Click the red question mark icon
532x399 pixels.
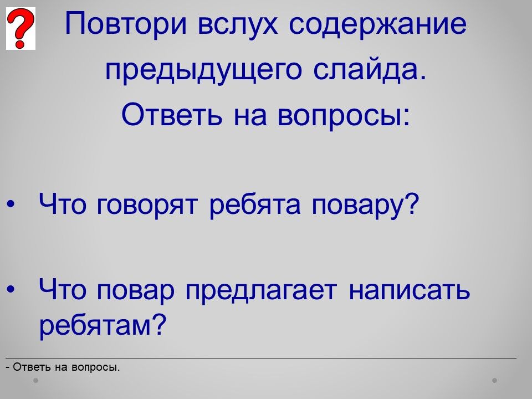pos(21,28)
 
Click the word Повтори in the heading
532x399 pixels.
pos(126,24)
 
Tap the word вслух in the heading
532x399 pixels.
pos(238,24)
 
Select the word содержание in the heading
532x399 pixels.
pos(377,24)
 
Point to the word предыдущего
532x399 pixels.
pos(203,70)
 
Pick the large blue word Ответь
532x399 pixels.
pos(172,114)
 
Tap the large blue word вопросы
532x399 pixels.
pos(344,115)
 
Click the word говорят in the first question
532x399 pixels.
pos(146,206)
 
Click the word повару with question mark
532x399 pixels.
pos(365,205)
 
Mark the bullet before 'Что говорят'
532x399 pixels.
pos(11,204)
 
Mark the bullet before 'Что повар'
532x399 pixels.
pos(11,289)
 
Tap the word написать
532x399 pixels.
pos(409,290)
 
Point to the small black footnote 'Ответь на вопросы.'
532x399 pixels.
pos(63,367)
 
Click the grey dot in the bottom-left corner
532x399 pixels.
pos(35,380)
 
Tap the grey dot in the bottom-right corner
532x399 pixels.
pos(495,380)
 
